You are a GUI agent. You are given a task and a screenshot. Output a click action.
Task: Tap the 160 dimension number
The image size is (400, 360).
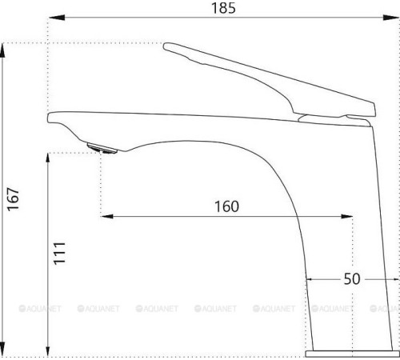coord(226,206)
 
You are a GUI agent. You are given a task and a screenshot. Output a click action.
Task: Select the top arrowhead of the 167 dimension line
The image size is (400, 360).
coord(6,46)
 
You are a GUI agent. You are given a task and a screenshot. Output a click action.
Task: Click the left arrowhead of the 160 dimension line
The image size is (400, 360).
coord(106,216)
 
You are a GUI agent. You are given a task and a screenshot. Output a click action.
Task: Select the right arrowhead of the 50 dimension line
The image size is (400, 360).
coord(394,280)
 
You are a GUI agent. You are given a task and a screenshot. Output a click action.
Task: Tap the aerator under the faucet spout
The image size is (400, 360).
coord(101,146)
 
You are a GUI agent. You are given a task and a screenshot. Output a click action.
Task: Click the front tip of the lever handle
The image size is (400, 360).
coord(166,47)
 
